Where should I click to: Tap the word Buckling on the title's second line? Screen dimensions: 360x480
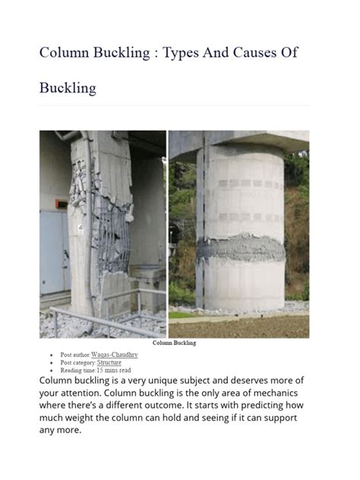(x=68, y=88)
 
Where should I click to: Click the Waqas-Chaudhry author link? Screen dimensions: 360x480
(x=115, y=355)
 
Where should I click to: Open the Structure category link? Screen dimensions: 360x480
(x=110, y=362)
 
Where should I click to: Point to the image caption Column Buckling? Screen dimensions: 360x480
(x=174, y=343)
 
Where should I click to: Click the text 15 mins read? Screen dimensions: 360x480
(x=114, y=370)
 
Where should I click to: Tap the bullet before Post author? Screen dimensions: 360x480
(x=51, y=355)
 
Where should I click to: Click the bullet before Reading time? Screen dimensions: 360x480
(x=51, y=370)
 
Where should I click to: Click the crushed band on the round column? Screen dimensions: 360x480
(x=238, y=248)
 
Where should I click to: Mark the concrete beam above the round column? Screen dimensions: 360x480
(x=238, y=141)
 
